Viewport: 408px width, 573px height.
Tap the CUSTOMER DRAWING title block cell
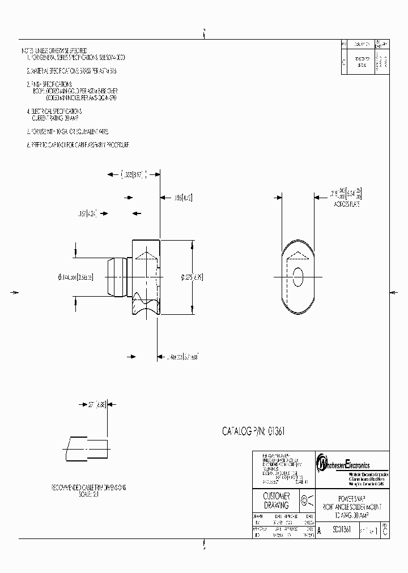277,501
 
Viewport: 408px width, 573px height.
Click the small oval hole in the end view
299,277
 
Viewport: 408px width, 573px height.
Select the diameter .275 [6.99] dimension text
192,277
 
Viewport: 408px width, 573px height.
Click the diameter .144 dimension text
75,277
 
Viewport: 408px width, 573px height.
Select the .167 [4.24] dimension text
87,213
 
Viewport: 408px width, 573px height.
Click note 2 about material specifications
72,71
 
